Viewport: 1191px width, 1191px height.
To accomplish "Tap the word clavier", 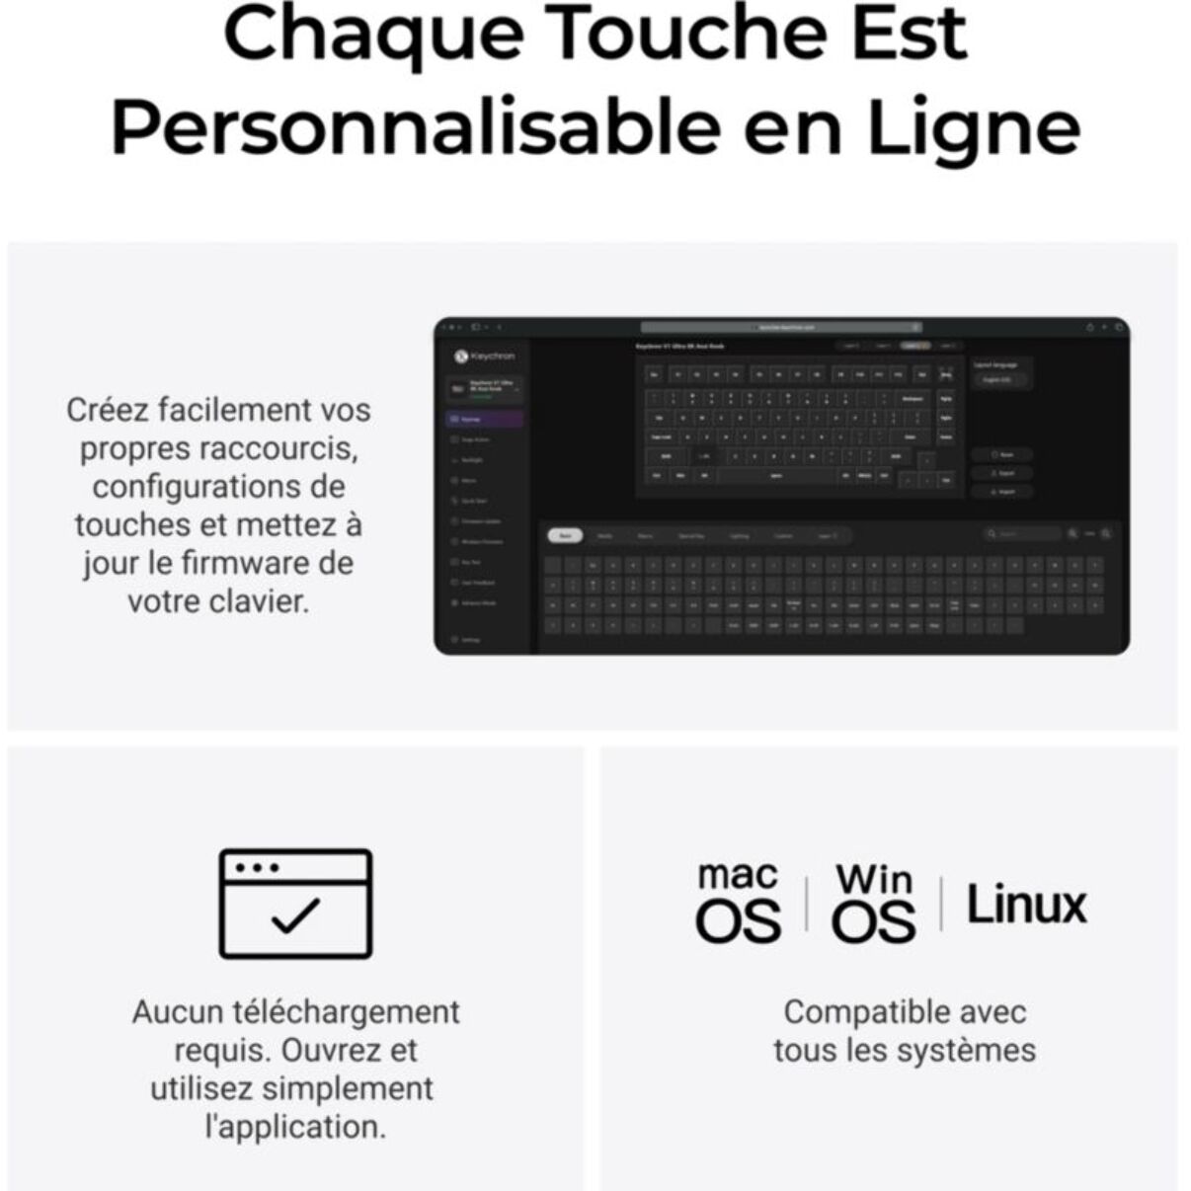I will pos(263,600).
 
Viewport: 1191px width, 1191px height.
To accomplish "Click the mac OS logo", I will pos(738,902).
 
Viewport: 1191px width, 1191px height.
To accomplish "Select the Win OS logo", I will pos(873,903).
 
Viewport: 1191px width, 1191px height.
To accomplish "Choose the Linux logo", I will pos(1026,905).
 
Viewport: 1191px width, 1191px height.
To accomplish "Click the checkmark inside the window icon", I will pos(295,915).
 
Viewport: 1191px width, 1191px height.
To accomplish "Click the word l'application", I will pos(294,1127).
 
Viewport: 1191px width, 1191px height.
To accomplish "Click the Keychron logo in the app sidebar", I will pos(484,356).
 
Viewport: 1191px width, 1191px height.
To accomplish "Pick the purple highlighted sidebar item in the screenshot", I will pos(485,419).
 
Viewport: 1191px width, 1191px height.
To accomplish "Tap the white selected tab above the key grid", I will pos(565,535).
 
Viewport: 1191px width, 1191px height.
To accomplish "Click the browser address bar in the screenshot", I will pos(781,327).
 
